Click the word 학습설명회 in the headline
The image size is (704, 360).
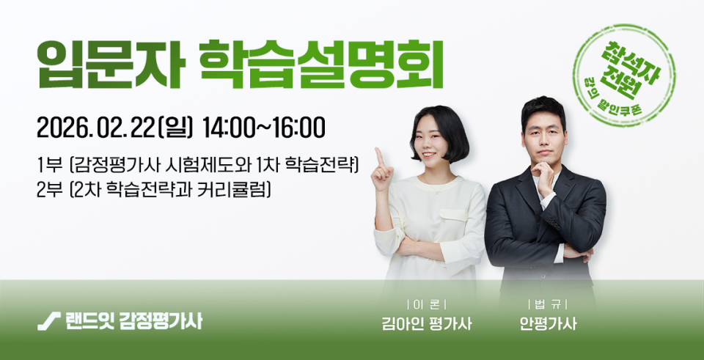point(321,65)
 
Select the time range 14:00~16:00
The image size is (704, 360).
point(263,128)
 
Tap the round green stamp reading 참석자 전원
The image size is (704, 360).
point(624,76)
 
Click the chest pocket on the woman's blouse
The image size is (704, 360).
point(453,221)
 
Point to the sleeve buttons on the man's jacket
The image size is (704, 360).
point(553,225)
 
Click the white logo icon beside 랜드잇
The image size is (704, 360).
point(49,321)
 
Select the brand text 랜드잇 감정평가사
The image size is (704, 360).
point(133,321)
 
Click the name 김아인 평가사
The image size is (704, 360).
point(427,323)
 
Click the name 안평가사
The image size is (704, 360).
point(548,323)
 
